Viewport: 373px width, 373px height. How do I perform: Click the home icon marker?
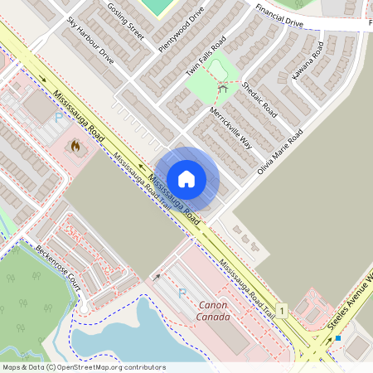[186, 179]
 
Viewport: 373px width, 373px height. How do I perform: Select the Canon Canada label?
[217, 310]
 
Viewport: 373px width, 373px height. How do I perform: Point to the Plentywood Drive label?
[180, 28]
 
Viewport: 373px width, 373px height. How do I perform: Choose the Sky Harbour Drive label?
[90, 39]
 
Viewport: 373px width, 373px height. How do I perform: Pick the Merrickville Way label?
[230, 126]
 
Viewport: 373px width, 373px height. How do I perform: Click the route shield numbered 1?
[282, 310]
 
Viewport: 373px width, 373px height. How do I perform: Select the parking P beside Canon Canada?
[182, 293]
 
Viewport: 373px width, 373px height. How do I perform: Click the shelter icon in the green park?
[222, 87]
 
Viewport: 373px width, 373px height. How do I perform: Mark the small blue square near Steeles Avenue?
[338, 338]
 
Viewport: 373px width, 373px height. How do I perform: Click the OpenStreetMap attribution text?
[83, 367]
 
